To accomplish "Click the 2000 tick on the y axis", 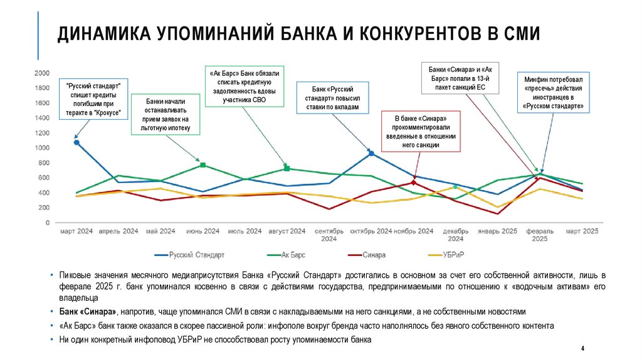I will coord(43,73).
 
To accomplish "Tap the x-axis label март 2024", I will coord(76,231).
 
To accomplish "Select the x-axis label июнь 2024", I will coord(203,231).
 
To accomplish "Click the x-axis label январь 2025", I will coord(498,231).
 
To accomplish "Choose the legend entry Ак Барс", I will coord(292,255).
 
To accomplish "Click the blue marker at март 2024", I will coord(76,142).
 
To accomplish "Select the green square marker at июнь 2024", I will coord(203,165).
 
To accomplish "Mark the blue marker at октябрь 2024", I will coord(371,153).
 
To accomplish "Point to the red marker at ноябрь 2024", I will coord(413,183).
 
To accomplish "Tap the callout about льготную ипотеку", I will coord(165,115).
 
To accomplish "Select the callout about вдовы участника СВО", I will coord(245,86).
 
